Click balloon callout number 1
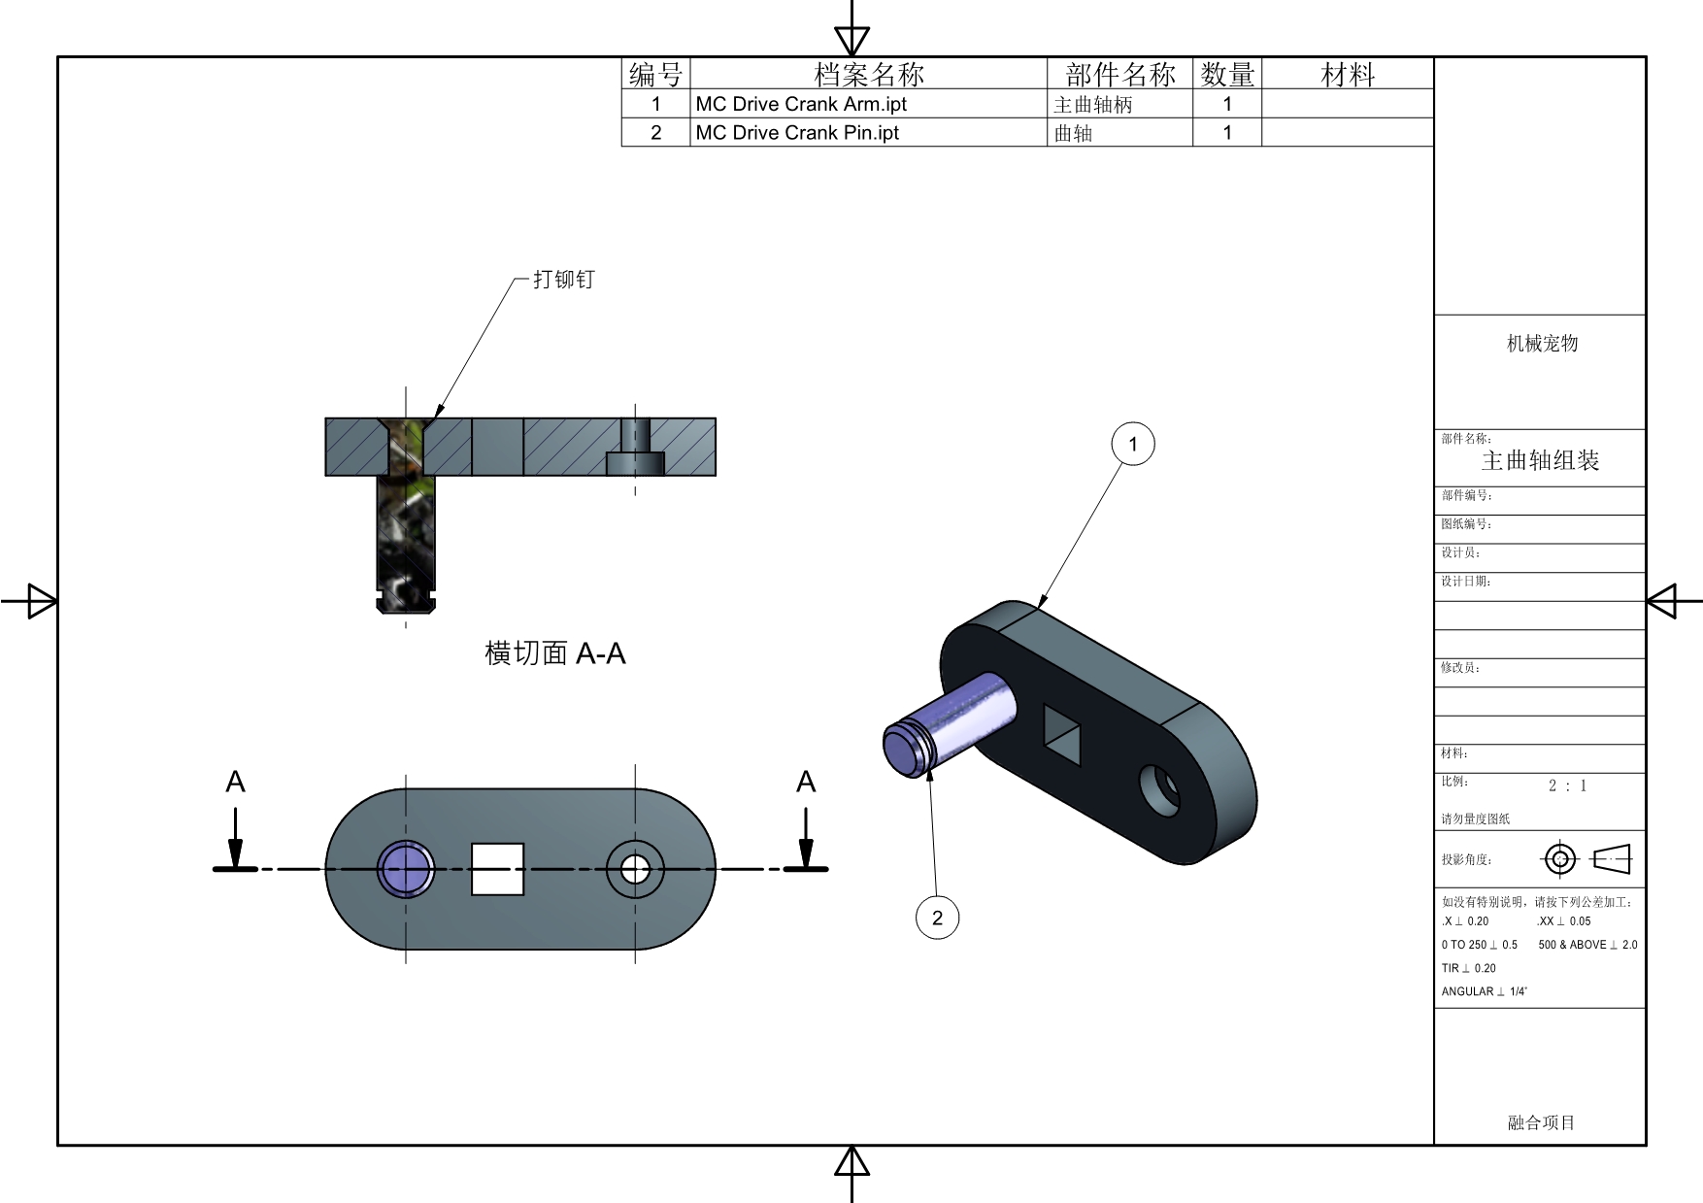tap(1132, 444)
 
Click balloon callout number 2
tap(937, 918)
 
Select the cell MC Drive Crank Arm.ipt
tap(801, 104)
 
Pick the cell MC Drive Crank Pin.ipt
tap(797, 133)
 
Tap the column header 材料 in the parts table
tap(1348, 75)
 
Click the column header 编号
tap(655, 75)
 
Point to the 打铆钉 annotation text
tap(563, 280)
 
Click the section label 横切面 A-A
tap(554, 653)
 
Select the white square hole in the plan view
tap(497, 869)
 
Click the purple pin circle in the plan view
tap(405, 869)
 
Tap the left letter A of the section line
tap(235, 783)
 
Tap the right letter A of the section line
tap(806, 783)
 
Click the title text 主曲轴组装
tap(1540, 461)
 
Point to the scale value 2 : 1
tap(1567, 785)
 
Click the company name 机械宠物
tap(1542, 343)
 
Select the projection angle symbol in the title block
tap(1586, 859)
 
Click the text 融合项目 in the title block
tap(1541, 1122)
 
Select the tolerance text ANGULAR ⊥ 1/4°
tap(1484, 991)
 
